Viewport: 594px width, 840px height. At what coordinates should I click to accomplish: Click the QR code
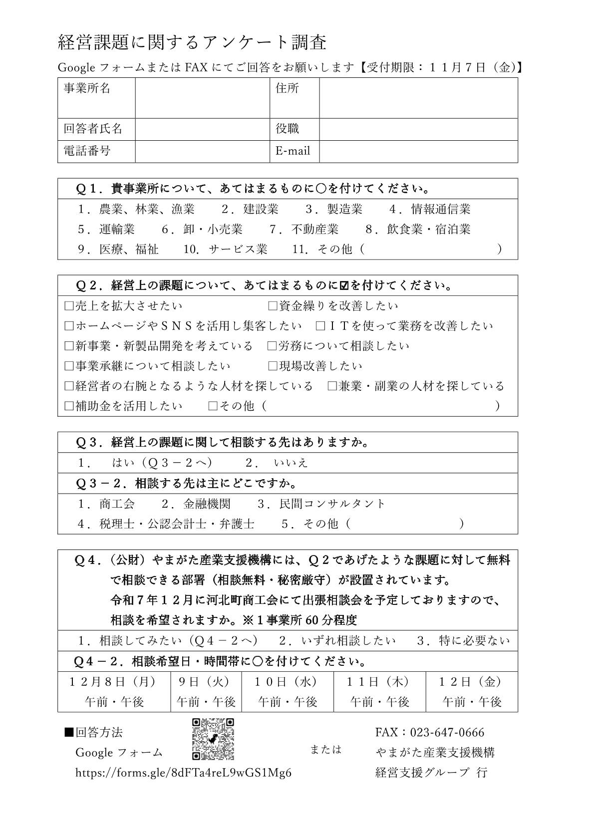(213, 739)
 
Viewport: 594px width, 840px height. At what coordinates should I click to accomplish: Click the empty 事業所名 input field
(202, 98)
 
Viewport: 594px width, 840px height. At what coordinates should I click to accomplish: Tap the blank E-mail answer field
(418, 151)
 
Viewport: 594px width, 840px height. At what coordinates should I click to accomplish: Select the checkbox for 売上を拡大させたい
(69, 306)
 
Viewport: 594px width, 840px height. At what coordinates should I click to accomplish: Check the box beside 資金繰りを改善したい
(273, 306)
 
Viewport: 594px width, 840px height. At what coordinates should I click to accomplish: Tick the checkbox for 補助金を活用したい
(69, 406)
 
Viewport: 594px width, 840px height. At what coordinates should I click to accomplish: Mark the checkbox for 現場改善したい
(273, 366)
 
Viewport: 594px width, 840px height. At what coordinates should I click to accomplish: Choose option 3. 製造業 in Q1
(334, 209)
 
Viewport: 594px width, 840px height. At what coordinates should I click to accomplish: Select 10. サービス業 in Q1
(225, 249)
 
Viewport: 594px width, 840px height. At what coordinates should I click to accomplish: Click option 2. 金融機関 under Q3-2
(196, 503)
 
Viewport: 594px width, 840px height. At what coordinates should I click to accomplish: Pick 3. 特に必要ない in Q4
(464, 640)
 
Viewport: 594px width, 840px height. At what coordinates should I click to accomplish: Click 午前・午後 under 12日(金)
(472, 702)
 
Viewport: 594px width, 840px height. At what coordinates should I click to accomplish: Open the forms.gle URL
(183, 773)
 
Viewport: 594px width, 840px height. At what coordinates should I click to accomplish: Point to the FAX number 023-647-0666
(447, 732)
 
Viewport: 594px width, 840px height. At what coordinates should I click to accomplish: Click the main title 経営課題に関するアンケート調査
(193, 42)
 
